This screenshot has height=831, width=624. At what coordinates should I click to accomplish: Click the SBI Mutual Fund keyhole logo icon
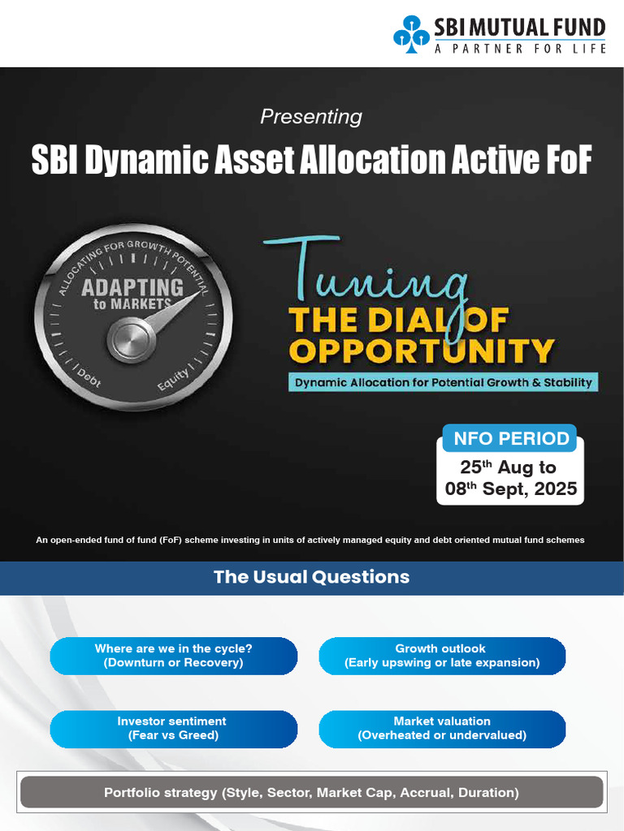(411, 37)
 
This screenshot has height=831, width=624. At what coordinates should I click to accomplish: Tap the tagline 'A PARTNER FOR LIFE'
(520, 49)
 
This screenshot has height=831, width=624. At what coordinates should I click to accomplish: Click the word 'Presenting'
(311, 117)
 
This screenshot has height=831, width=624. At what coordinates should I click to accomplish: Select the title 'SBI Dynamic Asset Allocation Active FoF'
(311, 160)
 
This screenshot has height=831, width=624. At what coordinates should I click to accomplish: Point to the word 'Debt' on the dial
(89, 377)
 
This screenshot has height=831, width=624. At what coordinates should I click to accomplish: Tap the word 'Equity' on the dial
(172, 377)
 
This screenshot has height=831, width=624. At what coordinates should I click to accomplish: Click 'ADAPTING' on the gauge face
(132, 287)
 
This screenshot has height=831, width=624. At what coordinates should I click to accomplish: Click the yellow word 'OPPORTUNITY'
(422, 351)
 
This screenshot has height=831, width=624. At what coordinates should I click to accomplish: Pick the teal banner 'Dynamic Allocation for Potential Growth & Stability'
(443, 382)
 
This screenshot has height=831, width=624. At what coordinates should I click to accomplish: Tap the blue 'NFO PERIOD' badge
(510, 439)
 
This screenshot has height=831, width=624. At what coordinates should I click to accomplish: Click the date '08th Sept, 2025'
(510, 489)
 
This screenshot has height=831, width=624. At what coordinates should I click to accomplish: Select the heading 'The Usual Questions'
(311, 577)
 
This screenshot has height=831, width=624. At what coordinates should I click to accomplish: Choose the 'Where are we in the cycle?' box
(173, 656)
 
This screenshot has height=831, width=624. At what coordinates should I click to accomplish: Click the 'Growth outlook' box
(441, 656)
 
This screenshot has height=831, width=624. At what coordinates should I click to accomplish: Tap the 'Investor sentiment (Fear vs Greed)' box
(173, 729)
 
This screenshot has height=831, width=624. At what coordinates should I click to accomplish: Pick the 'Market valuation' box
(441, 729)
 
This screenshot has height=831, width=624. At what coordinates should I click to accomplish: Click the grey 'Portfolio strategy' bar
(311, 792)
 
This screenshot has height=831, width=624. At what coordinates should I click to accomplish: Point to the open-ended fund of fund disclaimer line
(311, 540)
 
